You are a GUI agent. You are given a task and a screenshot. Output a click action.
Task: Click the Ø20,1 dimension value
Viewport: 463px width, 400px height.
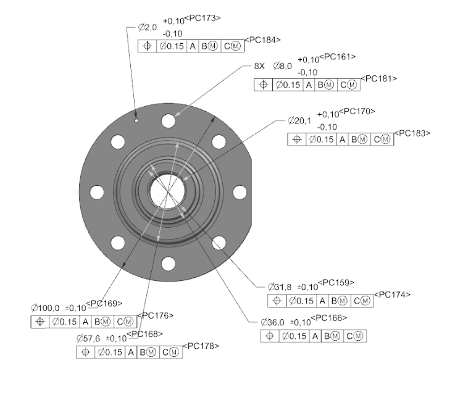(299, 120)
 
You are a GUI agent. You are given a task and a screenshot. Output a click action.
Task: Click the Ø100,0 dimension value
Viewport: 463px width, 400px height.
(45, 307)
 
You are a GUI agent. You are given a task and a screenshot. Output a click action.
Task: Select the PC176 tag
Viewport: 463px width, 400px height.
(156, 315)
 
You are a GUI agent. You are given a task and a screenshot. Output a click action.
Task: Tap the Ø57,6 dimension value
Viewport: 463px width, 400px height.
(90, 338)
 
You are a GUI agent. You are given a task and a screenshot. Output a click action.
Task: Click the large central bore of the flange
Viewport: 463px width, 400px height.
(167, 192)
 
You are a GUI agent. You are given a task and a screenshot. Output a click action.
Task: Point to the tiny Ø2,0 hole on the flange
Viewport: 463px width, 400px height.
(136, 120)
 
